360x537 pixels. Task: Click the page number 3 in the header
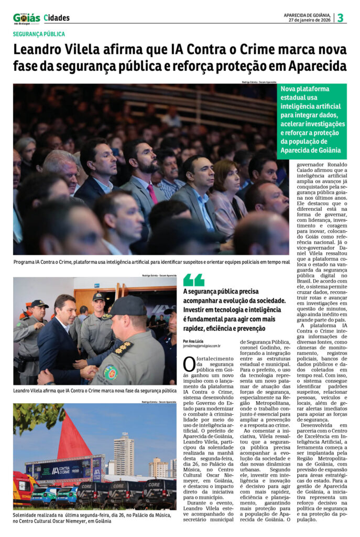point(341,18)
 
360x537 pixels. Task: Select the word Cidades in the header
point(57,18)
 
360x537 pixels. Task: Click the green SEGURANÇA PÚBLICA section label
point(39,34)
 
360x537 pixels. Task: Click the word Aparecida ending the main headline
point(320,67)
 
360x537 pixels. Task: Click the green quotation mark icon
point(193,280)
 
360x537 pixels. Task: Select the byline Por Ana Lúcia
point(194,341)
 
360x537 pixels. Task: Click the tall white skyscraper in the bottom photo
point(124,454)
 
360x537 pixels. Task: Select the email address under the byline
point(202,346)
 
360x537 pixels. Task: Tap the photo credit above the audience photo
point(259,82)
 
